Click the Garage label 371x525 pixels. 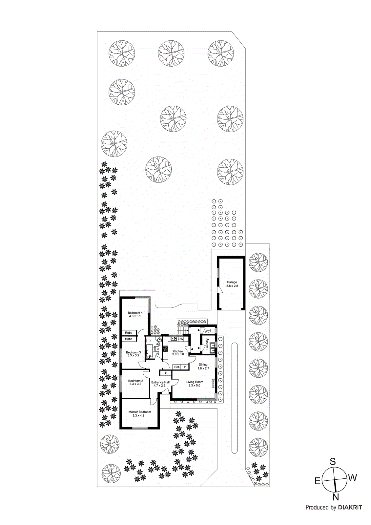coord(232,282)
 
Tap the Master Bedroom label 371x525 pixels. coord(140,412)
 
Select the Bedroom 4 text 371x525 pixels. coord(135,313)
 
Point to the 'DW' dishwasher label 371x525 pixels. coord(181,339)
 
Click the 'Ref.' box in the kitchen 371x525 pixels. coord(177,367)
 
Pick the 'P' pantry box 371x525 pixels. coord(185,367)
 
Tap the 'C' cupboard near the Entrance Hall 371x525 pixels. coord(166,373)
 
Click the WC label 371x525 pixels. coord(207,331)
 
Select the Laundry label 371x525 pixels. coord(207,344)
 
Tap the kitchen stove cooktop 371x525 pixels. coord(166,350)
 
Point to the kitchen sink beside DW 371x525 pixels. coord(174,339)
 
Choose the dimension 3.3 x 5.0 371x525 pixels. coord(194,386)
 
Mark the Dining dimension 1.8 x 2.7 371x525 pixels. coord(203,368)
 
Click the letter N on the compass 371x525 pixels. coord(336,497)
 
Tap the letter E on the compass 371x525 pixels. coord(318,481)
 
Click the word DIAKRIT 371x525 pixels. coord(350,507)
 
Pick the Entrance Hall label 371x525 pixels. coord(160,382)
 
